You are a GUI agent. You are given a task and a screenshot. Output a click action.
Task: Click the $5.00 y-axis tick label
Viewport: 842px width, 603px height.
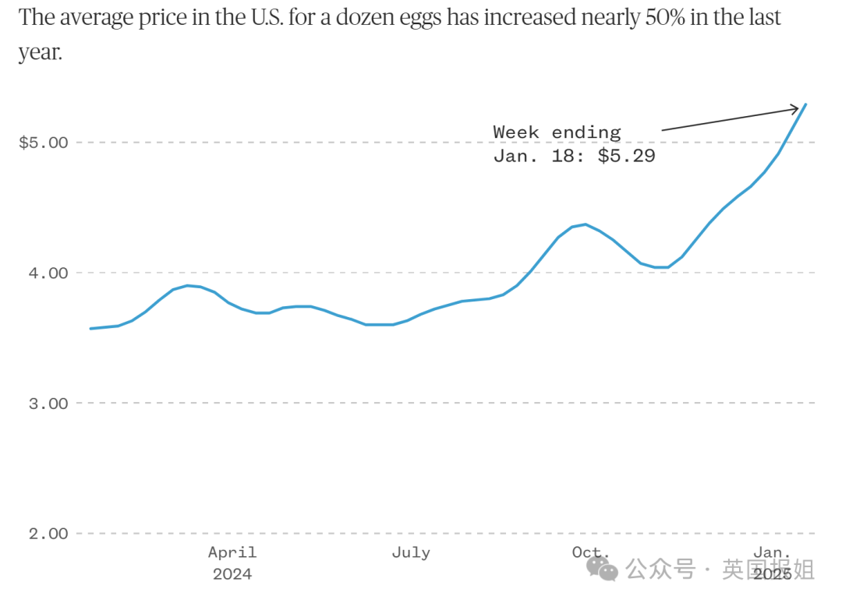click(x=44, y=143)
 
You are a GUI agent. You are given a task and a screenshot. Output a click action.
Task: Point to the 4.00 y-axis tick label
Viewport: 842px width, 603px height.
click(x=48, y=273)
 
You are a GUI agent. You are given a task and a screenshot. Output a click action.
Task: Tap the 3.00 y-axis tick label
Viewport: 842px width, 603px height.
click(x=48, y=403)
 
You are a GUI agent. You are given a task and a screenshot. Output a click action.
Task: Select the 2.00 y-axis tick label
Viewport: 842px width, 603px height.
click(x=48, y=533)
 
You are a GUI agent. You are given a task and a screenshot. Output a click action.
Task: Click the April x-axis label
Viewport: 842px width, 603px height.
click(x=232, y=552)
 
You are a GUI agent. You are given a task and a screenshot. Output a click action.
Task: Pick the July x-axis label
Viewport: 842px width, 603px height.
click(x=411, y=552)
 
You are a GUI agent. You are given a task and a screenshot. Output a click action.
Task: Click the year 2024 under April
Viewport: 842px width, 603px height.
click(x=232, y=574)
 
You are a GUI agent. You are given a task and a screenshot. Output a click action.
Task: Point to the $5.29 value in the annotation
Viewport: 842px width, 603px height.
click(x=627, y=156)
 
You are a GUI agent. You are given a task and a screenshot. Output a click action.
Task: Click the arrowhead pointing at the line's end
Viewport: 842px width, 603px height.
click(x=795, y=108)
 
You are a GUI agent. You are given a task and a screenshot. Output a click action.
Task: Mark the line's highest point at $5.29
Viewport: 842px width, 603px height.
click(x=805, y=104)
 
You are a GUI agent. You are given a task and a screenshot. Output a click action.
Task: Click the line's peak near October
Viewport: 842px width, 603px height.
click(x=586, y=224)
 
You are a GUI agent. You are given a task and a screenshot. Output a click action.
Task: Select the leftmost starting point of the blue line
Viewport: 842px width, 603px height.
click(x=90, y=328)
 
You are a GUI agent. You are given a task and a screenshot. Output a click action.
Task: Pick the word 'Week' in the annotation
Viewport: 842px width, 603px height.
click(x=517, y=132)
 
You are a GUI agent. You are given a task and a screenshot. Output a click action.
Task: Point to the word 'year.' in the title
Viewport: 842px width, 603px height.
click(x=41, y=52)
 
